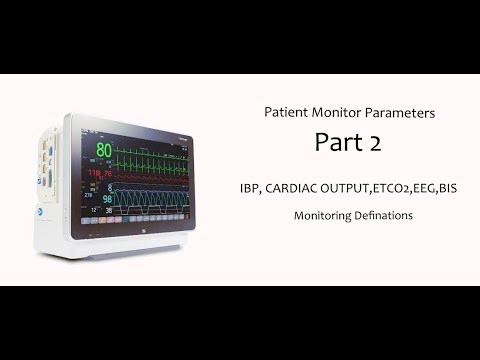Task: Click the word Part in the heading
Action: click(x=337, y=143)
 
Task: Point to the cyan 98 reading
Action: click(x=105, y=198)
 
